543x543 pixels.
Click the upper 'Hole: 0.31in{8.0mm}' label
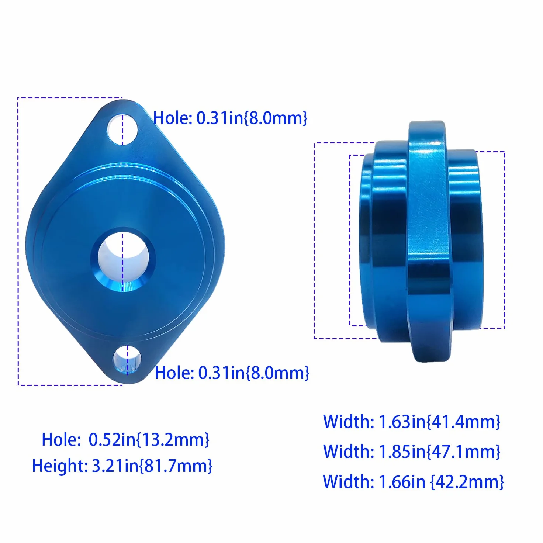pyautogui.click(x=230, y=118)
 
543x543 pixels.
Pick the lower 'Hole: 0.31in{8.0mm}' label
pyautogui.click(x=232, y=373)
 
